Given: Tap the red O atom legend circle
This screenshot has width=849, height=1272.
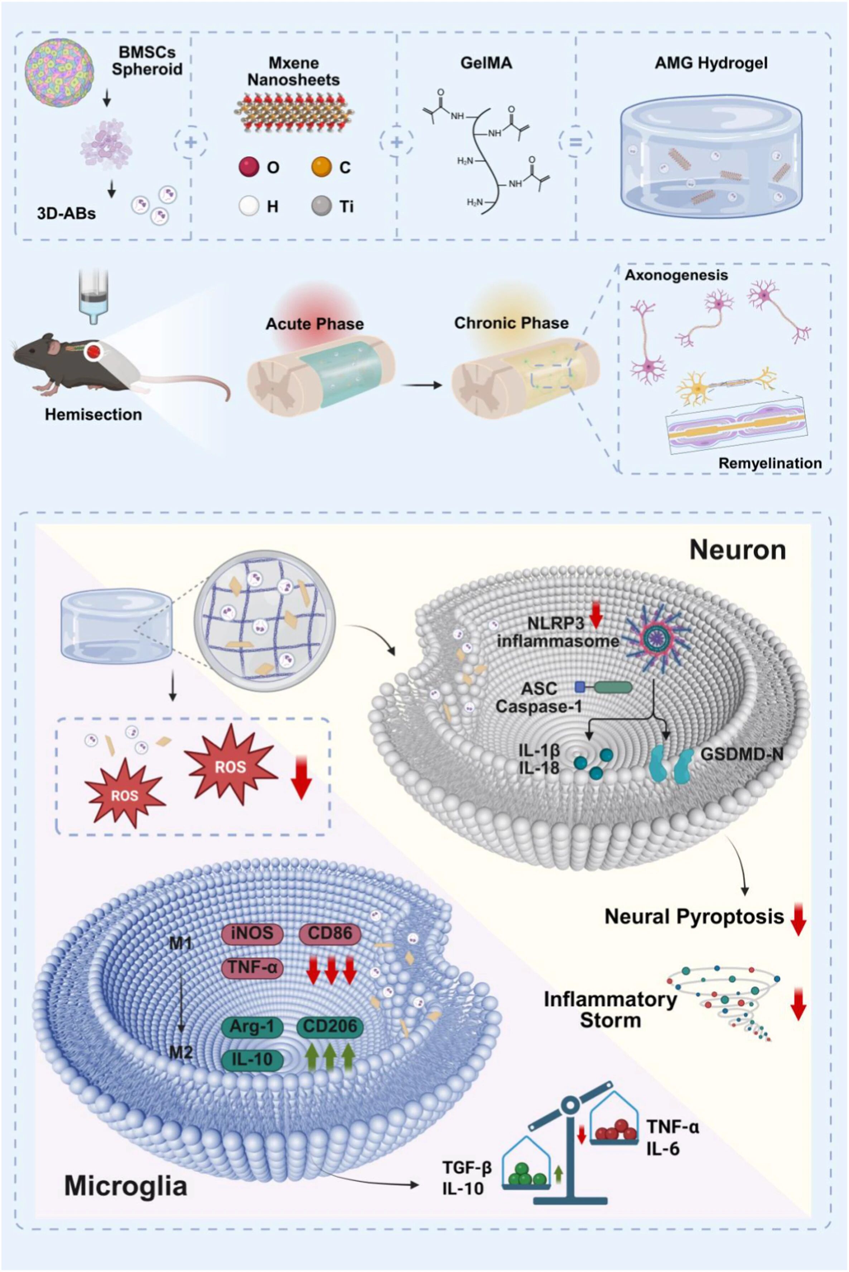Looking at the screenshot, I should (x=249, y=167).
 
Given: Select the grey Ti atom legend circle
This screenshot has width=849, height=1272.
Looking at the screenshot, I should (x=322, y=206).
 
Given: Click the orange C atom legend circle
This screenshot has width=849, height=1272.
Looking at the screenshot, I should (x=322, y=167).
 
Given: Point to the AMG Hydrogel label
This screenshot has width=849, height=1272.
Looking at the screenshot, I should (x=711, y=63).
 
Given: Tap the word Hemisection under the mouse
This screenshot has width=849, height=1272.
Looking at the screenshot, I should (x=93, y=415).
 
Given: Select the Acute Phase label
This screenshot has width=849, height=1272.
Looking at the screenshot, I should (x=315, y=324).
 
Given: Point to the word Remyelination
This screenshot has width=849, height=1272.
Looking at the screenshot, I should (x=770, y=463).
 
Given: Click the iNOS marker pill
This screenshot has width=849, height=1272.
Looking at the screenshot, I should (x=253, y=933).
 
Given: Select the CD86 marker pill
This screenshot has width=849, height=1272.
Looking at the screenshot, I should (x=330, y=933).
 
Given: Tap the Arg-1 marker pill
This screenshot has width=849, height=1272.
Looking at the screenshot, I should (x=253, y=1026).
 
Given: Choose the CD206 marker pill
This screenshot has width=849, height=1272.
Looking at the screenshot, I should (x=330, y=1026).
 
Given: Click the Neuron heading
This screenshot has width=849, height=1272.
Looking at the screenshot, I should (x=738, y=550).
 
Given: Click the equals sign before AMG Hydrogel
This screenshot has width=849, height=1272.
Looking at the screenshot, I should (x=575, y=143).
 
